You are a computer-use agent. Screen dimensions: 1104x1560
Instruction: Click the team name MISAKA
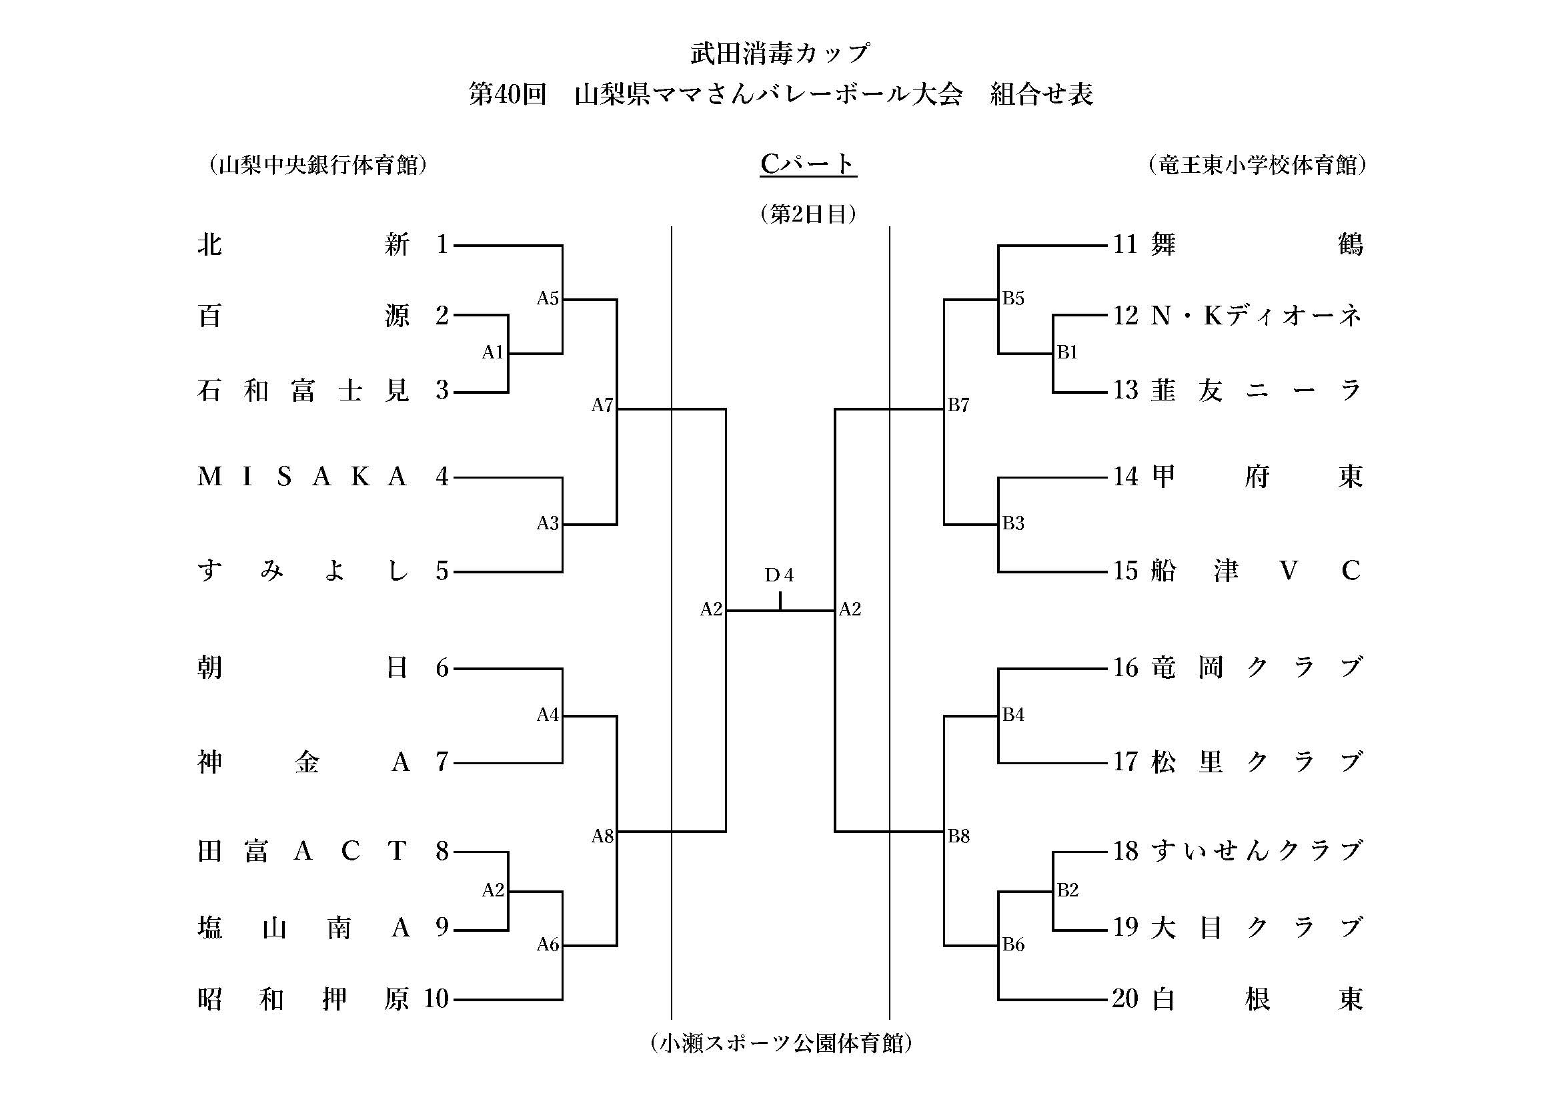[x=301, y=477]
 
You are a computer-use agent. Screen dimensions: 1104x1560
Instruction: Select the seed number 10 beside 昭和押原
[x=436, y=999]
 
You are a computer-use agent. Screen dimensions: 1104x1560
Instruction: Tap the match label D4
[x=778, y=576]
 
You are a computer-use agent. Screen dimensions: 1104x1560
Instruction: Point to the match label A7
[x=602, y=406]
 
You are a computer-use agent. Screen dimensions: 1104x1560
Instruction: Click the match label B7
[x=958, y=406]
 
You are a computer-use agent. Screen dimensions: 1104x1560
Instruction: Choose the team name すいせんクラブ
[x=1257, y=851]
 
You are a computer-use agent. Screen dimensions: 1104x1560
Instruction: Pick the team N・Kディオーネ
[x=1257, y=316]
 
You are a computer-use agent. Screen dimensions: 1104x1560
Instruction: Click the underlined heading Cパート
[x=808, y=164]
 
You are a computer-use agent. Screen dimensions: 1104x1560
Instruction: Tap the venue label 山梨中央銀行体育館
[x=318, y=165]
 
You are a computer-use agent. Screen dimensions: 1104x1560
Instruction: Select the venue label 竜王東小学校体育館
[x=1257, y=165]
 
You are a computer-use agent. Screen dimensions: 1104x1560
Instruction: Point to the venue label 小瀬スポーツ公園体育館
[x=781, y=1043]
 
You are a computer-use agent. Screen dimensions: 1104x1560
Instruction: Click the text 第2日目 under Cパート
[x=808, y=215]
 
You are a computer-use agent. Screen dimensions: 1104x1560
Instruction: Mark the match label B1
[x=1067, y=352]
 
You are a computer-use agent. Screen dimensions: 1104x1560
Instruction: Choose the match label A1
[x=493, y=352]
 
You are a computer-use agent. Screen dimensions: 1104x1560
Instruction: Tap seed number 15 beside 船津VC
[x=1125, y=571]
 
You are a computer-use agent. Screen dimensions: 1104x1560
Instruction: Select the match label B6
[x=1013, y=944]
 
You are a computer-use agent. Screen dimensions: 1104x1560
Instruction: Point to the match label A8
[x=602, y=836]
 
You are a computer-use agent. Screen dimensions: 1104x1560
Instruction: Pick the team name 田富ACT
[x=301, y=851]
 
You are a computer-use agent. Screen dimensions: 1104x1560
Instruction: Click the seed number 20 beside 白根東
[x=1125, y=999]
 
